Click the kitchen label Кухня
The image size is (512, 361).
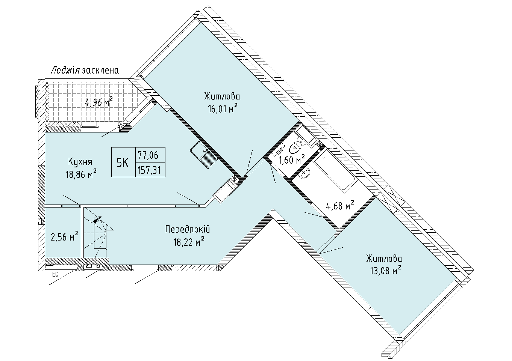point(80,162)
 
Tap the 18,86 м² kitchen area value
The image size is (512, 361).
point(81,174)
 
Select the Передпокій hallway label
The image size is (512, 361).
point(188,229)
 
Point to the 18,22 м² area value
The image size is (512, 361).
point(189,242)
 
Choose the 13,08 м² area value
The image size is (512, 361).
point(386,271)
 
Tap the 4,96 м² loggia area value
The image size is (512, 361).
point(99,102)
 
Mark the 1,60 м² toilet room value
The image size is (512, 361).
point(291,159)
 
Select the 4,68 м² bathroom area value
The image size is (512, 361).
point(340,205)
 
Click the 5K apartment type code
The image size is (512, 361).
point(123,163)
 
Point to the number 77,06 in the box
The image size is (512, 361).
point(148,155)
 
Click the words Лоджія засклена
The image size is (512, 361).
point(85,70)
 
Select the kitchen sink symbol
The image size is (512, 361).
point(204,155)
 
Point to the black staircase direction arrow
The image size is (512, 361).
point(97,220)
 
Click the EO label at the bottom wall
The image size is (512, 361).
point(56,275)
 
